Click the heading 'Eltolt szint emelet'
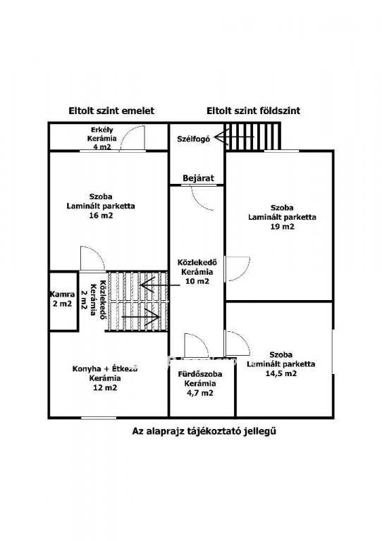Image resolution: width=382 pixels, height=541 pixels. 111,111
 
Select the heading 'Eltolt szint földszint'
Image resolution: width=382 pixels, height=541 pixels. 253,111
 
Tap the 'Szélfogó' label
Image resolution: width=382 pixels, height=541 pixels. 194,139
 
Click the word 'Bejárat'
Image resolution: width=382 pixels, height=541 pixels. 198,178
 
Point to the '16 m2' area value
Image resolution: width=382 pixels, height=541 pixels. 101,216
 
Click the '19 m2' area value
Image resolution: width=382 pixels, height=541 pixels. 283,227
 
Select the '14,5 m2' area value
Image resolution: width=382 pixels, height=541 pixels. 281,373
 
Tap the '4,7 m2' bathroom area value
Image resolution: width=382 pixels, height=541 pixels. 199,393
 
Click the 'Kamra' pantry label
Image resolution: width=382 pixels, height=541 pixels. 62,294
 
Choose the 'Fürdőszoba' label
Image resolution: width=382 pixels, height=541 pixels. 199,374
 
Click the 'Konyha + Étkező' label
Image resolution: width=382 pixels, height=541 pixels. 105,368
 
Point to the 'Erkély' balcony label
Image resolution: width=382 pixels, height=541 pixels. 101,130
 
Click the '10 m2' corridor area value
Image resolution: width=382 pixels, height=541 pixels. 197,281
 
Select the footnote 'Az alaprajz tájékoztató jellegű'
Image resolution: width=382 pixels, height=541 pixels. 204,431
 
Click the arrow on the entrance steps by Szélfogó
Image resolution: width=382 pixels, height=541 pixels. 234,137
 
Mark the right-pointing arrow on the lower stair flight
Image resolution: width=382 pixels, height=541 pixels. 141,316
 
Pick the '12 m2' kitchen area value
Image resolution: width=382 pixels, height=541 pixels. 105,387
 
